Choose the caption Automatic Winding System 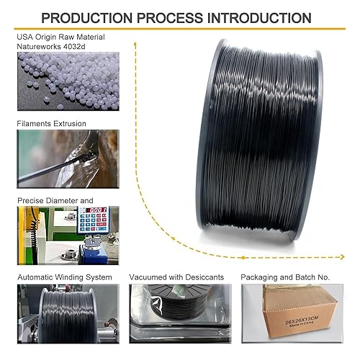click(64, 276)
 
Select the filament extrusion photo click(68, 160)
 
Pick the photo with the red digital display click(68, 235)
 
